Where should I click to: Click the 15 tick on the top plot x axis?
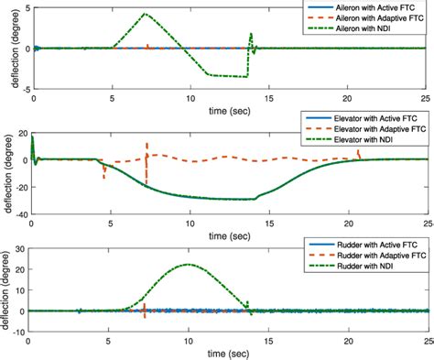pyautogui.click(x=269, y=96)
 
